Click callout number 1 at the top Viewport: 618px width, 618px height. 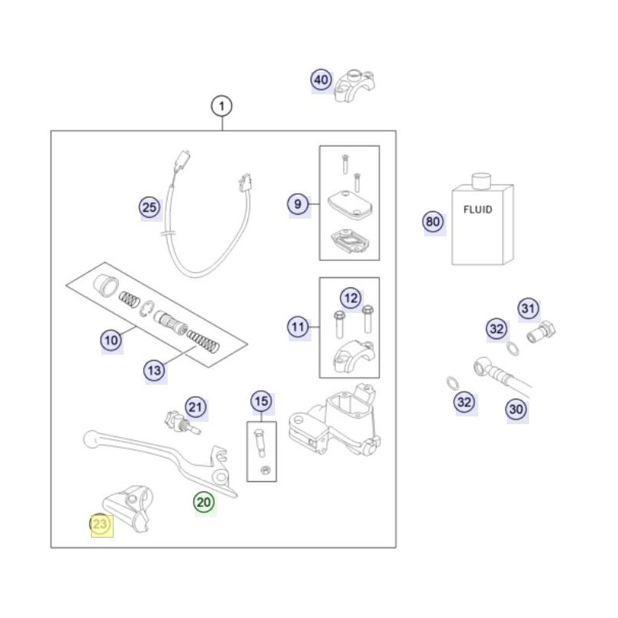click(222, 105)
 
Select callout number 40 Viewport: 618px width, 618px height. click(321, 80)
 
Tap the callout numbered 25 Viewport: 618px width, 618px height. click(149, 207)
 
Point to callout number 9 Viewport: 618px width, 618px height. click(298, 205)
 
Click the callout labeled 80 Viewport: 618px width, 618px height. click(433, 222)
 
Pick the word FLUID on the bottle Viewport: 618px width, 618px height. click(477, 209)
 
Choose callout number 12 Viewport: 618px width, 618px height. click(351, 297)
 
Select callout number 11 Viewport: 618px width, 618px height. click(298, 328)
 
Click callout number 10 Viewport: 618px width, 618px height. click(111, 338)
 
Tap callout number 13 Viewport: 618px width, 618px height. click(154, 371)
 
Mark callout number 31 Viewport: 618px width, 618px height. click(528, 309)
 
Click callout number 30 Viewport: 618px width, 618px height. click(516, 409)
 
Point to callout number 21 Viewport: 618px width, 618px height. click(195, 407)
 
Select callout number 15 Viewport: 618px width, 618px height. click(261, 401)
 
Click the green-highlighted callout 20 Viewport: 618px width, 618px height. click(204, 502)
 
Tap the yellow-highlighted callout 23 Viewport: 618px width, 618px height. click(101, 525)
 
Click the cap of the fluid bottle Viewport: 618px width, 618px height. click(482, 181)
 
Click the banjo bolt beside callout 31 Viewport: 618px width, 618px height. click(538, 334)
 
